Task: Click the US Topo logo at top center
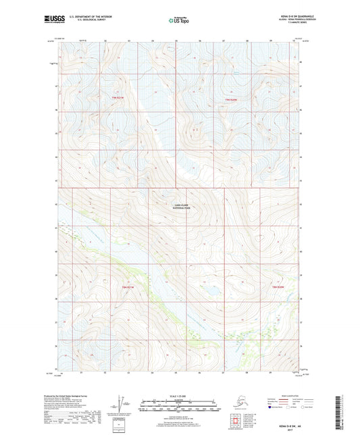[x=179, y=20]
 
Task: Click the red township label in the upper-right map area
[x=232, y=101]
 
